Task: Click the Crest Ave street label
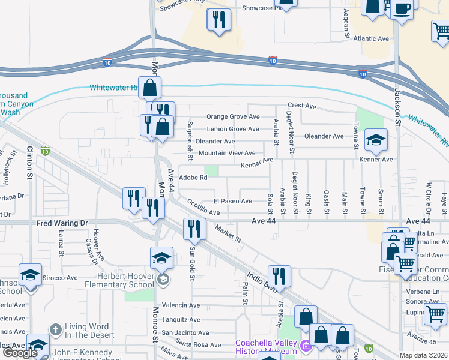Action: (301, 106)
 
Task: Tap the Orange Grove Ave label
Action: (233, 117)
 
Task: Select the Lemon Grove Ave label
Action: (233, 129)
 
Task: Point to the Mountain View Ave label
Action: (227, 153)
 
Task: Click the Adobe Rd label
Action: (193, 178)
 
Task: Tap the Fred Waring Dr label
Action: (62, 223)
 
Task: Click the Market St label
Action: (228, 235)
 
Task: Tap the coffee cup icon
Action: (402, 10)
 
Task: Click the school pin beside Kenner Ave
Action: (376, 140)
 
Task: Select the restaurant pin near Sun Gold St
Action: (194, 229)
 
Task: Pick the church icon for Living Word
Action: (55, 329)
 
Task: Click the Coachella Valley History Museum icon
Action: (306, 345)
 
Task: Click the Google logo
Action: (20, 353)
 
